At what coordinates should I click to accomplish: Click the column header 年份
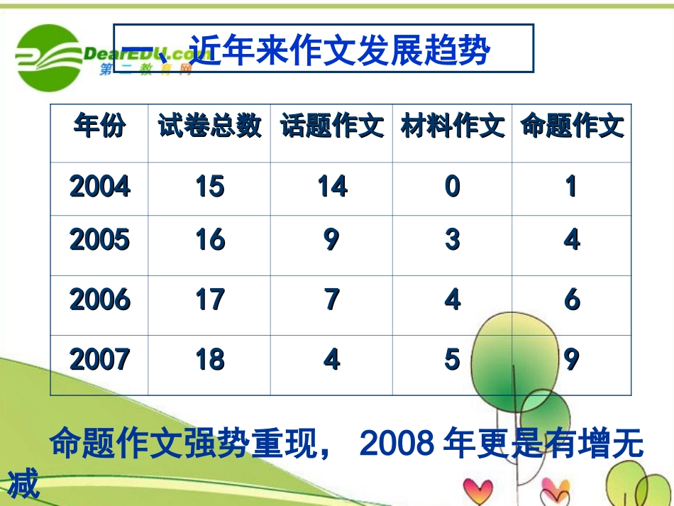(99, 127)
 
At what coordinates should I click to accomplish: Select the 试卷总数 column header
(209, 127)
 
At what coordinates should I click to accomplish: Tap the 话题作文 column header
(331, 127)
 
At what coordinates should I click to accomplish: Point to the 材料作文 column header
(453, 127)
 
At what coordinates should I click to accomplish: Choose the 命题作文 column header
(572, 127)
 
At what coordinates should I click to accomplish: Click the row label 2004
(99, 187)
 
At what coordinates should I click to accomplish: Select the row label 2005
(99, 241)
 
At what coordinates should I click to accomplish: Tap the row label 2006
(99, 300)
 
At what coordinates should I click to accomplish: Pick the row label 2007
(99, 360)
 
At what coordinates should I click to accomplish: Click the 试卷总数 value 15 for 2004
(210, 187)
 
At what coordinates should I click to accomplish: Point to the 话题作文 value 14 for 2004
(332, 187)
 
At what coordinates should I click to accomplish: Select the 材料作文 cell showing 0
(453, 187)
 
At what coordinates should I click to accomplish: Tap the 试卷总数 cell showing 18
(210, 360)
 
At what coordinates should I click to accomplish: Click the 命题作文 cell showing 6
(572, 300)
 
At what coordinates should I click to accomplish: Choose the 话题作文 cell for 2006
(331, 300)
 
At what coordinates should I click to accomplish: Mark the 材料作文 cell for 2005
(453, 241)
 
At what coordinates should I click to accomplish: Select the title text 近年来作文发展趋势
(341, 50)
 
